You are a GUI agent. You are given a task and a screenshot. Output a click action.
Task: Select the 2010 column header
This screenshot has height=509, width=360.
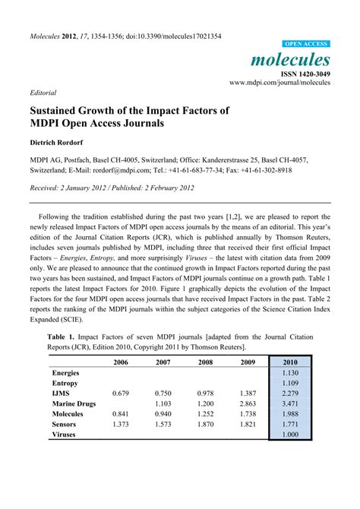tap(290, 362)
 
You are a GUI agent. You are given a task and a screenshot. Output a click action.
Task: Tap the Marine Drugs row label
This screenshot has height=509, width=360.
tap(74, 403)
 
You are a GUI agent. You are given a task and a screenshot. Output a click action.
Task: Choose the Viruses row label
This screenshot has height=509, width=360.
tap(68, 434)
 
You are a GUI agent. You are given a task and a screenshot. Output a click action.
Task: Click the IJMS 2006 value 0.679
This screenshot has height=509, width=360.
tap(122, 394)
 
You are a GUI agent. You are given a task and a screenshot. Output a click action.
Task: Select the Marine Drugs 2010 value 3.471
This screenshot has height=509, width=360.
tap(290, 403)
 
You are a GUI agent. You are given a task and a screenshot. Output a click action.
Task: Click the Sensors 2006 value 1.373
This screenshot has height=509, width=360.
tap(122, 424)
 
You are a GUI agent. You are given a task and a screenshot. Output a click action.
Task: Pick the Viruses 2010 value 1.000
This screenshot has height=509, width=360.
tap(290, 434)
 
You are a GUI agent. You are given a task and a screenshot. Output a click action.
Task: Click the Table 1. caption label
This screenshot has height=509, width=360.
tap(64, 335)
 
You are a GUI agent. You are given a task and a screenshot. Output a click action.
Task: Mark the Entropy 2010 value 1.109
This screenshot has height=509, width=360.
tap(290, 383)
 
